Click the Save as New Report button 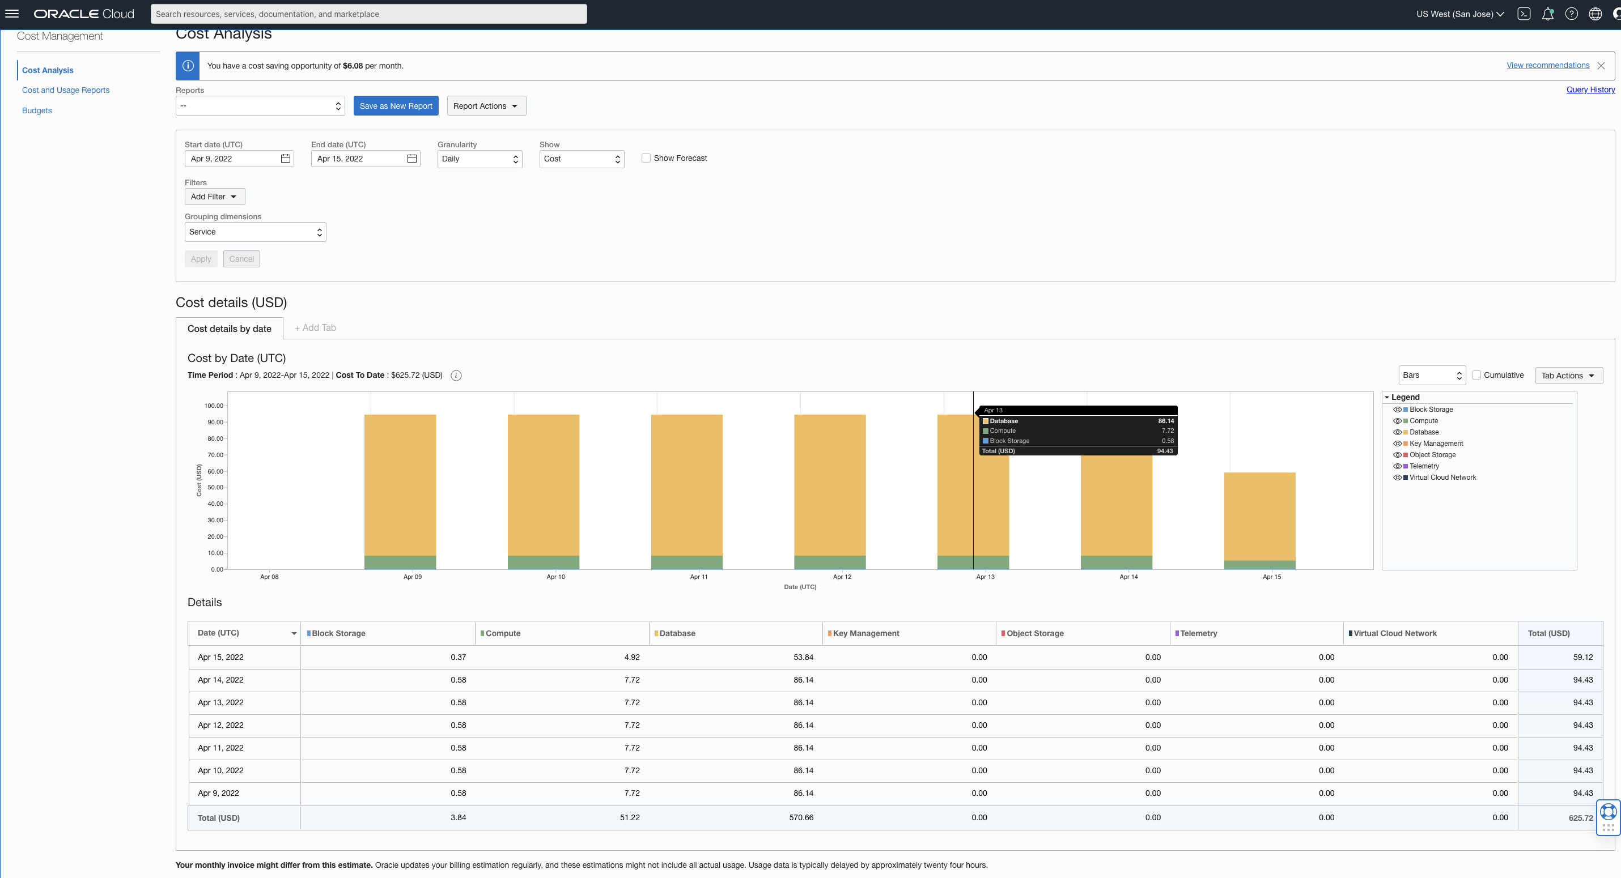coord(395,106)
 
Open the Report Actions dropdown coord(486,106)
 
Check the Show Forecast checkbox coord(646,158)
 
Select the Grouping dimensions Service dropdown coord(255,232)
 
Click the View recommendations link coord(1547,65)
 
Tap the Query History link coord(1590,89)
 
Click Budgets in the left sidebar coord(36,110)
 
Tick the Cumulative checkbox coord(1476,375)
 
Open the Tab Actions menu coord(1568,376)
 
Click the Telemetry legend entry coord(1424,466)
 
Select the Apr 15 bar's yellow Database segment coord(1259,515)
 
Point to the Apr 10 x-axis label coord(555,577)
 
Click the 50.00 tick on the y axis coord(215,487)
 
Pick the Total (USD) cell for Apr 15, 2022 coord(1582,657)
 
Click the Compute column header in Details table coord(503,633)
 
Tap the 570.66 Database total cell coord(801,817)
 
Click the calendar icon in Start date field coord(285,159)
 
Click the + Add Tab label coord(315,327)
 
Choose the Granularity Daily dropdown coord(479,159)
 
